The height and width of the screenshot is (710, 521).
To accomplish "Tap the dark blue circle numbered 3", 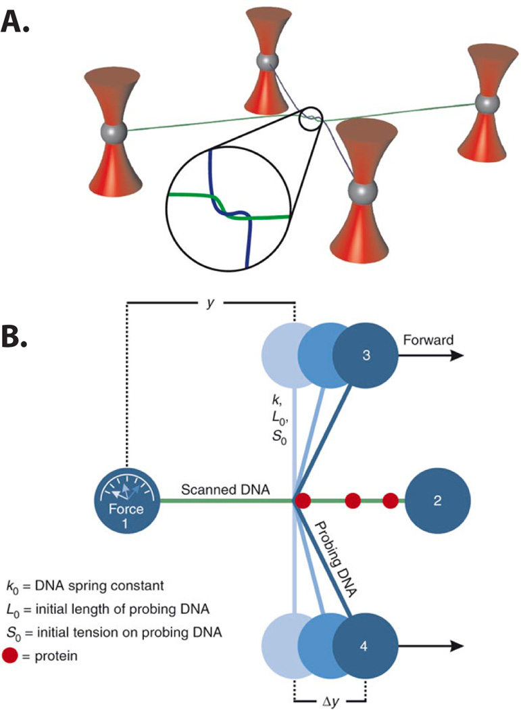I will (364, 356).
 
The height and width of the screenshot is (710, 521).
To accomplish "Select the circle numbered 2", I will (437, 501).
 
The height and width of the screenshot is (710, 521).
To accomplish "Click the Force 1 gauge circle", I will (126, 502).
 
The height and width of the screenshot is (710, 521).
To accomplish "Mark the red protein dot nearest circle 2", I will (390, 501).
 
